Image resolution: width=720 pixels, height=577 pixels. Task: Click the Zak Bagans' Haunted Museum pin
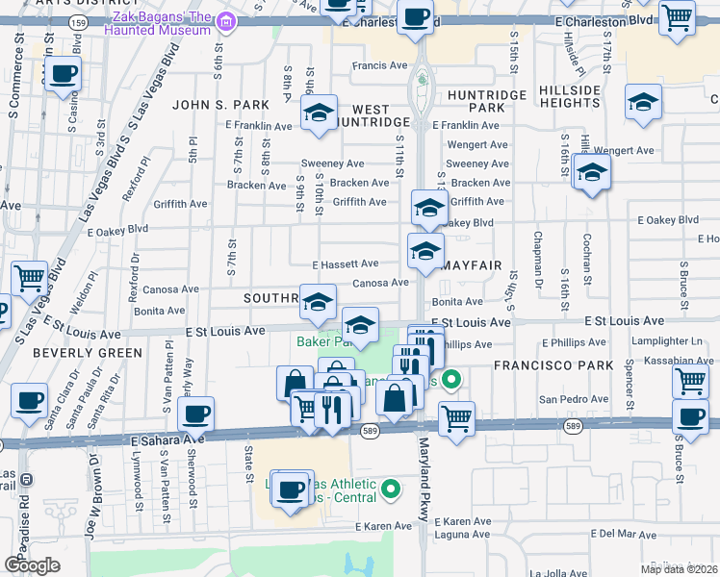(225, 20)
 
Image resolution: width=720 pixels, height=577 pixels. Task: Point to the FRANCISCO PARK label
(553, 365)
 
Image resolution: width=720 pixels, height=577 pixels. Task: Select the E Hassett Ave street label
(345, 263)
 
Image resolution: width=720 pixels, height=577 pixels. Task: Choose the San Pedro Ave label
(567, 398)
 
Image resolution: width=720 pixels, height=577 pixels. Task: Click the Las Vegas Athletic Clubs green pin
(390, 490)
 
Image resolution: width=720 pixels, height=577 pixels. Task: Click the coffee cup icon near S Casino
(64, 74)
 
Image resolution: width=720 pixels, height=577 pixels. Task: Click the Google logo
(32, 564)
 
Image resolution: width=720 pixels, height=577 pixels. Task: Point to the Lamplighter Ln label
(669, 341)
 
